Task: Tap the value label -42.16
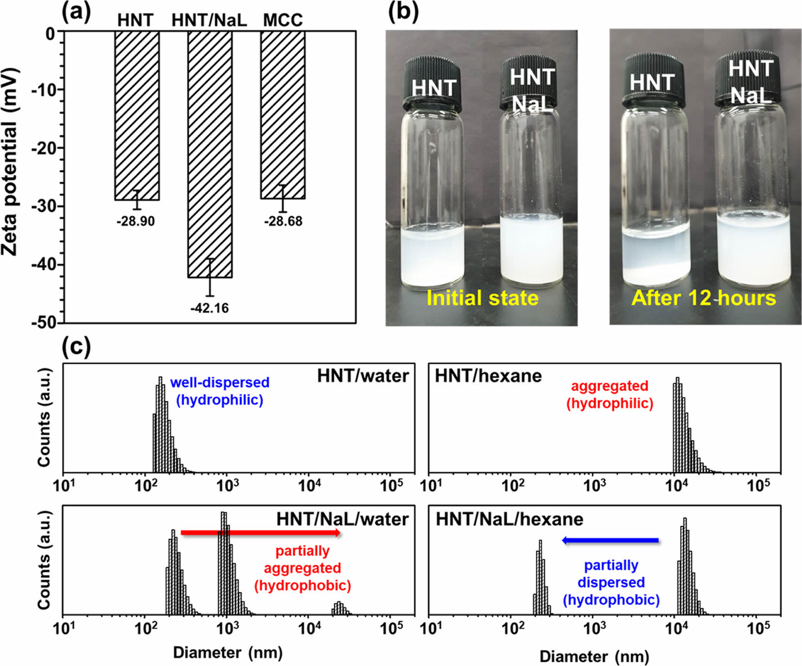pos(210,308)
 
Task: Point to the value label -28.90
pos(136,221)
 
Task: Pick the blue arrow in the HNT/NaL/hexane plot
pos(610,540)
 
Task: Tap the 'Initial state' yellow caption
pos(482,298)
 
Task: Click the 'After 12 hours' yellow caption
pos(703,298)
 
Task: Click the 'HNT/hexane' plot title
pos(488,376)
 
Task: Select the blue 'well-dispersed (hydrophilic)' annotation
pos(220,391)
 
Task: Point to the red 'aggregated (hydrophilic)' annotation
pos(610,394)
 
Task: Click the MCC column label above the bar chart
pos(283,20)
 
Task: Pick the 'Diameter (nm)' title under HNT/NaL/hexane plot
pos(594,656)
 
